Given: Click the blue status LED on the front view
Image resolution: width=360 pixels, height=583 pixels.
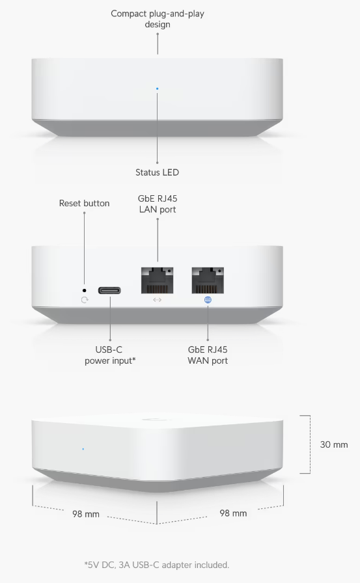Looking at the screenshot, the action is pyautogui.click(x=158, y=88).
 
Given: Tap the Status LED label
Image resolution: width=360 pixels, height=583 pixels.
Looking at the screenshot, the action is pyautogui.click(x=157, y=172).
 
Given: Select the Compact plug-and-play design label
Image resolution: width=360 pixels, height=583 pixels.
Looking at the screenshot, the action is pyautogui.click(x=158, y=19).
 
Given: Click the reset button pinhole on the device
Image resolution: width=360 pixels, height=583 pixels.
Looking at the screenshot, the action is pyautogui.click(x=85, y=290).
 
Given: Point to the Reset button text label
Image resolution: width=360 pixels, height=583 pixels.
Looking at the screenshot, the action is pyautogui.click(x=85, y=204).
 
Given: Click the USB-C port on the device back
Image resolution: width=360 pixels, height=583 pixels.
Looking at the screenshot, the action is pyautogui.click(x=109, y=290).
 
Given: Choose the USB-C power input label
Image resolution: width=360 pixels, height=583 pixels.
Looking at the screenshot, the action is pyautogui.click(x=110, y=355).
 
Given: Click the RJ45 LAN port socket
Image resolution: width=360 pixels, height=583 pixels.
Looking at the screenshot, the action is pyautogui.click(x=158, y=280).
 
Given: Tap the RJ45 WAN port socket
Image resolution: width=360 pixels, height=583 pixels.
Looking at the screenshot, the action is pyautogui.click(x=208, y=280).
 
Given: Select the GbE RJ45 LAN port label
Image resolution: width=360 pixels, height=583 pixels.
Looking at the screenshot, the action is pyautogui.click(x=158, y=204).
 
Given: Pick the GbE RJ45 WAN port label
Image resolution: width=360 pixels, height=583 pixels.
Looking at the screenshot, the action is pyautogui.click(x=208, y=355).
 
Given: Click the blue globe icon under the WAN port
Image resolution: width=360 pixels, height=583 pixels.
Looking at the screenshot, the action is pyautogui.click(x=208, y=300).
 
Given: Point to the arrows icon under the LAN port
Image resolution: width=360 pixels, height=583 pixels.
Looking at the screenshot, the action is pyautogui.click(x=158, y=300).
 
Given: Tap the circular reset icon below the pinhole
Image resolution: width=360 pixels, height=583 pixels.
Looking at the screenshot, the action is pyautogui.click(x=85, y=300).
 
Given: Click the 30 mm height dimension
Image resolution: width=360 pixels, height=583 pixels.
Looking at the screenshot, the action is pyautogui.click(x=334, y=444).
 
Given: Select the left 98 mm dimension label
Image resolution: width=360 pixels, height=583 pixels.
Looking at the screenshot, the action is pyautogui.click(x=86, y=514).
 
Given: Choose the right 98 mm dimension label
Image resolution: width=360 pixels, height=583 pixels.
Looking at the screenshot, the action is pyautogui.click(x=233, y=513).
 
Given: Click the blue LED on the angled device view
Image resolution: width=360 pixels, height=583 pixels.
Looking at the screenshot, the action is pyautogui.click(x=83, y=449).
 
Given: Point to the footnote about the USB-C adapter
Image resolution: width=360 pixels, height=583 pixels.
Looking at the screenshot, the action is pyautogui.click(x=157, y=565).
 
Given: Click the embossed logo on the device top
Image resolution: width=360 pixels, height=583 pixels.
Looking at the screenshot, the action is pyautogui.click(x=156, y=420).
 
